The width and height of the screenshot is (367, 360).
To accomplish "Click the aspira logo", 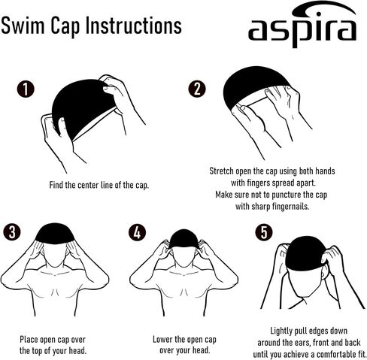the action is (x=302, y=24).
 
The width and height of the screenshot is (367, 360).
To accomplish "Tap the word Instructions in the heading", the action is (x=134, y=26).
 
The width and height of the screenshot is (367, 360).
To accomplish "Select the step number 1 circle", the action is (x=26, y=89).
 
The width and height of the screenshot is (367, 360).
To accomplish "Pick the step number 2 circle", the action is (x=197, y=89).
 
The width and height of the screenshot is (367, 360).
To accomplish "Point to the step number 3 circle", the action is (x=12, y=232).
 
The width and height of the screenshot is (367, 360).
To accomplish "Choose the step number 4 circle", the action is (x=137, y=232).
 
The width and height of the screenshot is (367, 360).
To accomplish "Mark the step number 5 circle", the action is (x=264, y=232).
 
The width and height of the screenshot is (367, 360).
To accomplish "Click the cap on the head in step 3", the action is (x=55, y=234).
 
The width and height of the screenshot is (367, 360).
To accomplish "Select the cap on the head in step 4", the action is (x=184, y=238).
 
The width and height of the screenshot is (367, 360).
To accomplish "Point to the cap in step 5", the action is (x=306, y=253).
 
